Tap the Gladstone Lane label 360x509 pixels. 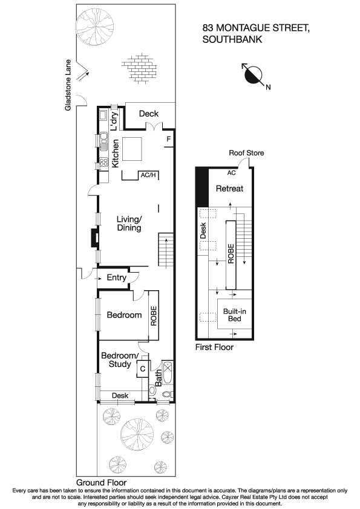70,85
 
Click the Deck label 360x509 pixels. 148,114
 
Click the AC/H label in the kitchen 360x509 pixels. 148,175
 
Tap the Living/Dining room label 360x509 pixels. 129,224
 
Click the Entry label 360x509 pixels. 116,278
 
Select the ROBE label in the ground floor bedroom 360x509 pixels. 154,316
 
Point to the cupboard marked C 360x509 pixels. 143,368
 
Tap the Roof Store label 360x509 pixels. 246,154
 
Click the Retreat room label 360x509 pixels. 229,189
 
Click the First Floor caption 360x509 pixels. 214,348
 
